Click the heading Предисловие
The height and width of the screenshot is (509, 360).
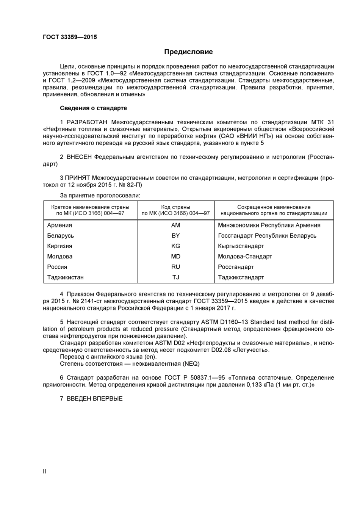tap(188, 52)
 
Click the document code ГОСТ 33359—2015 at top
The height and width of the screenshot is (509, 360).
tap(70, 37)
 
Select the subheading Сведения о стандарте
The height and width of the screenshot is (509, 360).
tap(93, 108)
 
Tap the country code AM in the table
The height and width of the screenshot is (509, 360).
tap(175, 226)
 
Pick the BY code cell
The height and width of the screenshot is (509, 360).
tap(175, 236)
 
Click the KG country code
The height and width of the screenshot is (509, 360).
tap(175, 246)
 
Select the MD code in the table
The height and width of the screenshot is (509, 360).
tap(175, 257)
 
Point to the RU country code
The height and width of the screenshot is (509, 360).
tap(175, 267)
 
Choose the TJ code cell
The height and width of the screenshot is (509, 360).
tap(175, 277)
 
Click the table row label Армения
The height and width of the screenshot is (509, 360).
tap(59, 226)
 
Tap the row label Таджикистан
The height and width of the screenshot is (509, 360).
tap(65, 277)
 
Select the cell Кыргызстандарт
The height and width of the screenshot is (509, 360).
tap(241, 246)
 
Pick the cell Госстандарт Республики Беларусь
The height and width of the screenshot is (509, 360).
tap(267, 236)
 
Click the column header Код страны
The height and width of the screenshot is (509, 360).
tap(175, 207)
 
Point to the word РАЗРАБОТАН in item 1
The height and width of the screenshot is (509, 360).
tap(87, 122)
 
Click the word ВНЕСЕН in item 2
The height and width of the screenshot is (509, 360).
tap(79, 157)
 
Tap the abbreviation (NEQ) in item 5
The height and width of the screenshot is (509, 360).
tap(191, 364)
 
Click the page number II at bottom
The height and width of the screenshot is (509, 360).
tap(44, 471)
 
